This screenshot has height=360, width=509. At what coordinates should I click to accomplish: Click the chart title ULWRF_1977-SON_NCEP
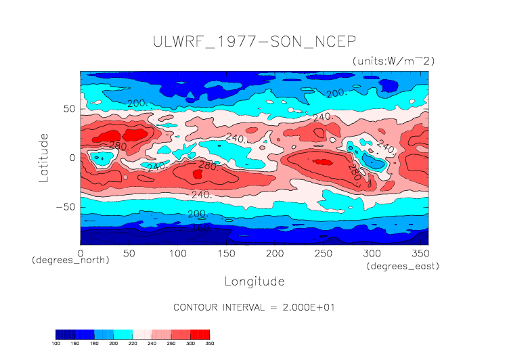click(254, 41)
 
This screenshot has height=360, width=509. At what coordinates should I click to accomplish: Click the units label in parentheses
click(393, 61)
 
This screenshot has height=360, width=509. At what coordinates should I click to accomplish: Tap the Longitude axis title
click(254, 281)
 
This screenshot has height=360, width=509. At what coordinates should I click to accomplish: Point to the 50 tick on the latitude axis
click(68, 108)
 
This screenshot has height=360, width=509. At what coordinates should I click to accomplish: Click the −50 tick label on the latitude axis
click(65, 207)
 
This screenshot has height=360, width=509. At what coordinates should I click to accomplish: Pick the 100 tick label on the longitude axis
click(177, 253)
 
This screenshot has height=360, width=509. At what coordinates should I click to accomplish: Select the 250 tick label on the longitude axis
click(323, 253)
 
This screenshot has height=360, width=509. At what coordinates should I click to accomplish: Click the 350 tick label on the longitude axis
click(420, 253)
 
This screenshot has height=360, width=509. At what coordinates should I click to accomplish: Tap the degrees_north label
click(70, 260)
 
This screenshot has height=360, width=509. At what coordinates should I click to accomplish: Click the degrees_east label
click(403, 267)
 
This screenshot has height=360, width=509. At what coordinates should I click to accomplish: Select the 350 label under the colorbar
click(209, 344)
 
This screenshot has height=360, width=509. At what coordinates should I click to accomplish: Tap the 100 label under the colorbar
click(56, 344)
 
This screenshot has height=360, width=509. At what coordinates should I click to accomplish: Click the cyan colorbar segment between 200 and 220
click(123, 334)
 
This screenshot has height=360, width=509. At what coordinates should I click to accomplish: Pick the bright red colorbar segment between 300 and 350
click(200, 334)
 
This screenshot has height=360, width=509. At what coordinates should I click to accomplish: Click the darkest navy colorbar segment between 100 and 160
click(66, 334)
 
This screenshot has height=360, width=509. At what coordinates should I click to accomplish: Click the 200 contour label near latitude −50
click(196, 214)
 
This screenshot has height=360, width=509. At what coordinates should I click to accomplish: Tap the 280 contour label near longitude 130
click(206, 165)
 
